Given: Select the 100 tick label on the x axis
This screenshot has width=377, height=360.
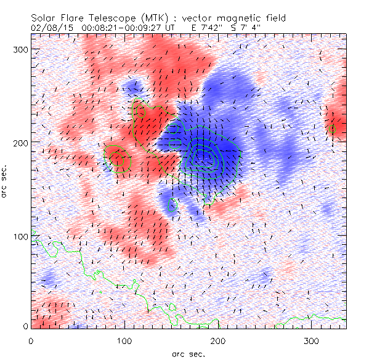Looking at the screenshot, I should (x=124, y=340).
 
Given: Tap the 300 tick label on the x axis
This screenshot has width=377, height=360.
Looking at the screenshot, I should (x=311, y=340).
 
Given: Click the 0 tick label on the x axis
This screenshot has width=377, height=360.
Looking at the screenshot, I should (x=31, y=340).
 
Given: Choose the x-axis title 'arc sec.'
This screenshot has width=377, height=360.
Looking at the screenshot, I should (x=188, y=353).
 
